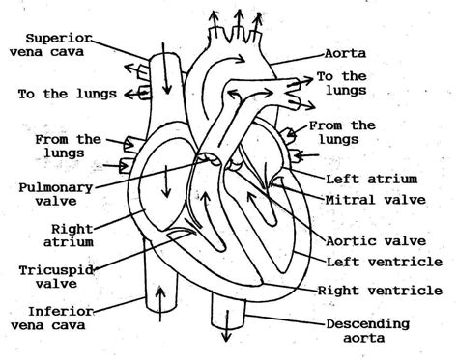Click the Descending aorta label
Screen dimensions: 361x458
pyautogui.click(x=368, y=331)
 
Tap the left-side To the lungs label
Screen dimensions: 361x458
pyautogui.click(x=67, y=94)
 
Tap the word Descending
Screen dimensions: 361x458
pyautogui.click(x=368, y=323)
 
